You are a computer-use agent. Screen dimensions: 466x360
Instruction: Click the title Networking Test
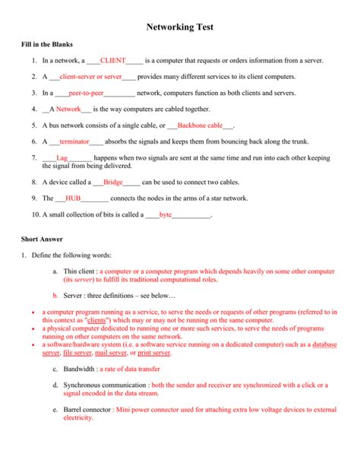(180, 27)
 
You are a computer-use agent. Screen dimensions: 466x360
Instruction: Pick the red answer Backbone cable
(200, 125)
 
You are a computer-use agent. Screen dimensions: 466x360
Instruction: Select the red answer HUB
(73, 198)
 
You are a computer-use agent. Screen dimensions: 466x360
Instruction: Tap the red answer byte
(166, 215)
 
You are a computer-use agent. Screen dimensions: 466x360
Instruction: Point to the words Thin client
(81, 271)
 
